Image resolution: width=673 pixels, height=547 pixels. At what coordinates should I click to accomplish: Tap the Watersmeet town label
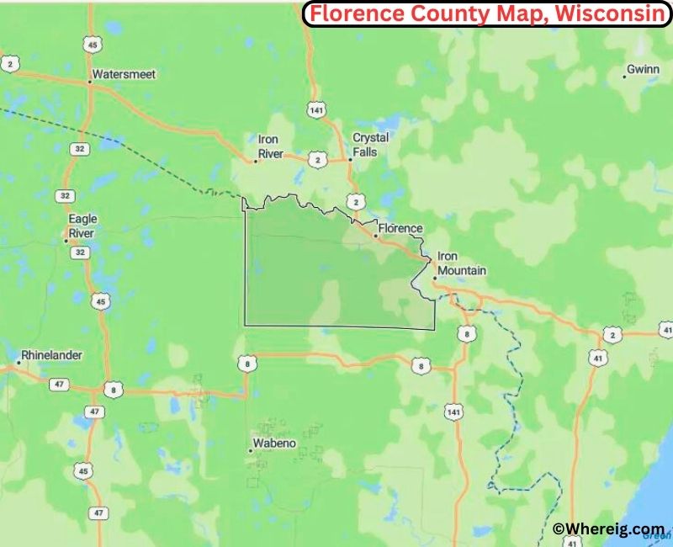pyautogui.click(x=125, y=74)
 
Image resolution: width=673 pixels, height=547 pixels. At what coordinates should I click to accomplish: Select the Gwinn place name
pyautogui.click(x=644, y=70)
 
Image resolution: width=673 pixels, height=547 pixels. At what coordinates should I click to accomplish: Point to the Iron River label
pyautogui.click(x=269, y=146)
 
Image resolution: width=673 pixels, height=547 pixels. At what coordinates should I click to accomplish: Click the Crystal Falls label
pyautogui.click(x=370, y=144)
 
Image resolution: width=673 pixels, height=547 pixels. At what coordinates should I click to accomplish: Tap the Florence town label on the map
pyautogui.click(x=400, y=228)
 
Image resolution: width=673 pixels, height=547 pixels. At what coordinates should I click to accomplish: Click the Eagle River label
pyautogui.click(x=82, y=226)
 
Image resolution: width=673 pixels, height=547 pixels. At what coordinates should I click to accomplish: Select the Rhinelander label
pyautogui.click(x=52, y=355)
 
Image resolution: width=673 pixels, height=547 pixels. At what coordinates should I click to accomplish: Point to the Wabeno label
pyautogui.click(x=274, y=443)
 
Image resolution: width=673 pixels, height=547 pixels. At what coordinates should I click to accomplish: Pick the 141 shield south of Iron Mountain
pyautogui.click(x=455, y=412)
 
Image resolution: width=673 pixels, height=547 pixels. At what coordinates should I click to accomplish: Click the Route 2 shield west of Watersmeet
pyautogui.click(x=10, y=63)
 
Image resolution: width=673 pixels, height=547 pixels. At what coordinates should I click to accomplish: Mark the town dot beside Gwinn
pyautogui.click(x=624, y=77)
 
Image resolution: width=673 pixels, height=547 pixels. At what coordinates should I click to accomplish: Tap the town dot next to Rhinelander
pyautogui.click(x=18, y=363)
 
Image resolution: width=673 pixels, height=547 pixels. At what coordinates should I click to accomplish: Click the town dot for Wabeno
pyautogui.click(x=250, y=451)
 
